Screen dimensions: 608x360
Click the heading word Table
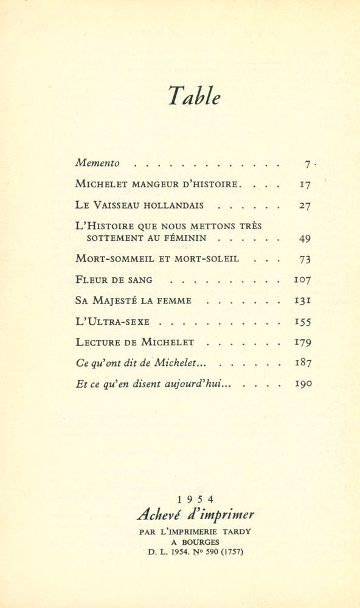pos(194,96)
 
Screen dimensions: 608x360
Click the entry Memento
pos(97,163)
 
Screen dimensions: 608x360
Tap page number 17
pos(305,184)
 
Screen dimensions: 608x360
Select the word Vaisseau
pos(121,205)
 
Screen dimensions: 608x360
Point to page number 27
pos(305,206)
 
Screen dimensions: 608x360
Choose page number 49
pos(305,238)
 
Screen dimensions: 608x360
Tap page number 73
pos(305,259)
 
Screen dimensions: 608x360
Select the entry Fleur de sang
pos(114,280)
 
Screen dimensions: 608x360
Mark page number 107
pos(302,280)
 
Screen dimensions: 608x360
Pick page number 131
pos(303,300)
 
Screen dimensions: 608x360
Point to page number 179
pos(303,342)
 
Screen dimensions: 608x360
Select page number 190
pos(303,384)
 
